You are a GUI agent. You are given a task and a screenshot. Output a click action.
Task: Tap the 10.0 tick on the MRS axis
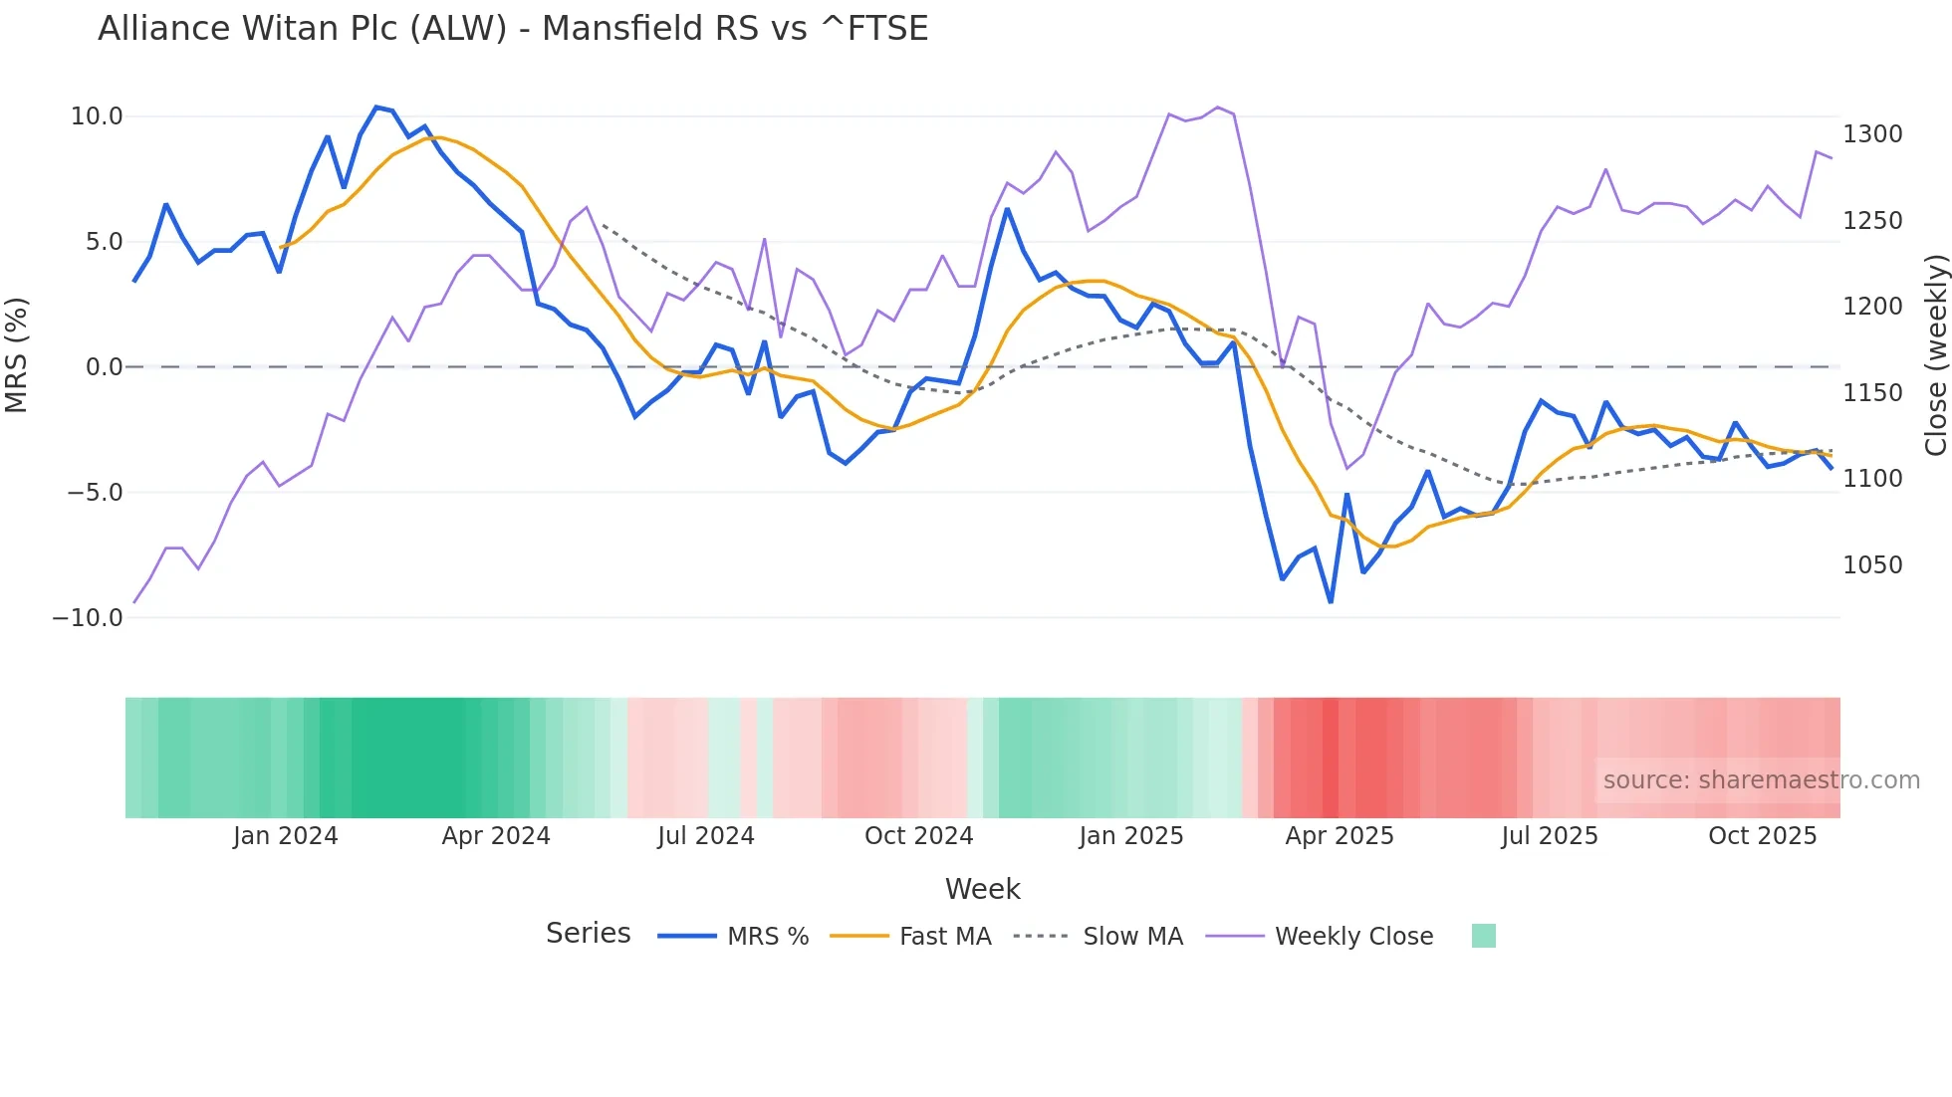[x=97, y=116]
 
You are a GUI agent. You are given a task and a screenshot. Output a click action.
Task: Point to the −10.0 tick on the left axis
[x=88, y=617]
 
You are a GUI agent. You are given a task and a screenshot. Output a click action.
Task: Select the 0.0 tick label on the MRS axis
[x=104, y=367]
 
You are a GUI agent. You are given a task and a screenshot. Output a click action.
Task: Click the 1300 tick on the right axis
[x=1872, y=134]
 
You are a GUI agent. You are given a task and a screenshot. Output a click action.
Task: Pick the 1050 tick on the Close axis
[x=1872, y=565]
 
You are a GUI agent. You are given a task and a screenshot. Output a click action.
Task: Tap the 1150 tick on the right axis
[x=1872, y=393]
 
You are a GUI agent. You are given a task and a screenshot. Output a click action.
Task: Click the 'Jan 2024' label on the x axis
[x=286, y=836]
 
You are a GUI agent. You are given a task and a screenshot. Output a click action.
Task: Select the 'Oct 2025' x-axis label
[x=1762, y=836]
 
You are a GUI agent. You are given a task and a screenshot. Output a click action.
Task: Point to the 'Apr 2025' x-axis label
[x=1340, y=836]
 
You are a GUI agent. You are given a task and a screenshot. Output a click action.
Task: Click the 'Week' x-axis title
[x=982, y=889]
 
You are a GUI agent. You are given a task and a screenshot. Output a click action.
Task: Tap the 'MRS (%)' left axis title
[x=17, y=354]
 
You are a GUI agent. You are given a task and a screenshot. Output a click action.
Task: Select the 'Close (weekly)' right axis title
[x=1935, y=355]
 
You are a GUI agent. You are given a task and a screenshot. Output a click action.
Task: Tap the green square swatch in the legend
[x=1483, y=936]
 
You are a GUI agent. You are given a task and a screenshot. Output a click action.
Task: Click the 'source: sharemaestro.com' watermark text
[x=1761, y=780]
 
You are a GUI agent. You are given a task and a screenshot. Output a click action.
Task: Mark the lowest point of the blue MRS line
[x=1331, y=602]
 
